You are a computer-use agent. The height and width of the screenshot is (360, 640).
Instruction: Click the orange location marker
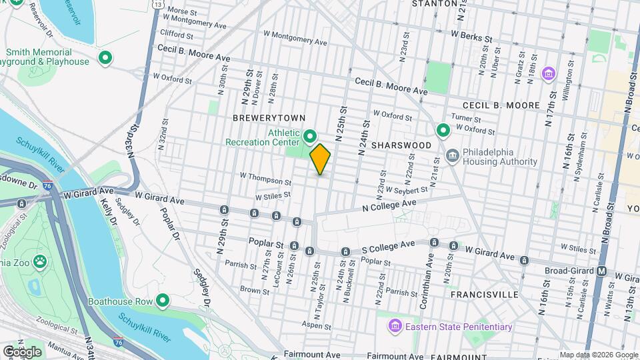320,159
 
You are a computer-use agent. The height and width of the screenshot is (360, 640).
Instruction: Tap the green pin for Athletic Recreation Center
310,137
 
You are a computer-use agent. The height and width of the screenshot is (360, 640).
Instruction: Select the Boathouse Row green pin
162,301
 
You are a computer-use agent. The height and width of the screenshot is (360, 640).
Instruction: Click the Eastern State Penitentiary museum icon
395,327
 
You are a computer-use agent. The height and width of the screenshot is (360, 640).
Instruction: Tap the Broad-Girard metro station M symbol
601,271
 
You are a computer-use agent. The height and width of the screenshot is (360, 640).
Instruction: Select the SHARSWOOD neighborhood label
398,145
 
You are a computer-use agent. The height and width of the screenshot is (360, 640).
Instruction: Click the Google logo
22,351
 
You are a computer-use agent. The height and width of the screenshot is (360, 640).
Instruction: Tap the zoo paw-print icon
40,261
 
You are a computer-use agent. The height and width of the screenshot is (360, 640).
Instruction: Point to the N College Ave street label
389,205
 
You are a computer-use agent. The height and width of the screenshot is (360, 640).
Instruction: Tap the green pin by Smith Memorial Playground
105,58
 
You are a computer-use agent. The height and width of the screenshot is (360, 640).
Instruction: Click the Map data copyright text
598,355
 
